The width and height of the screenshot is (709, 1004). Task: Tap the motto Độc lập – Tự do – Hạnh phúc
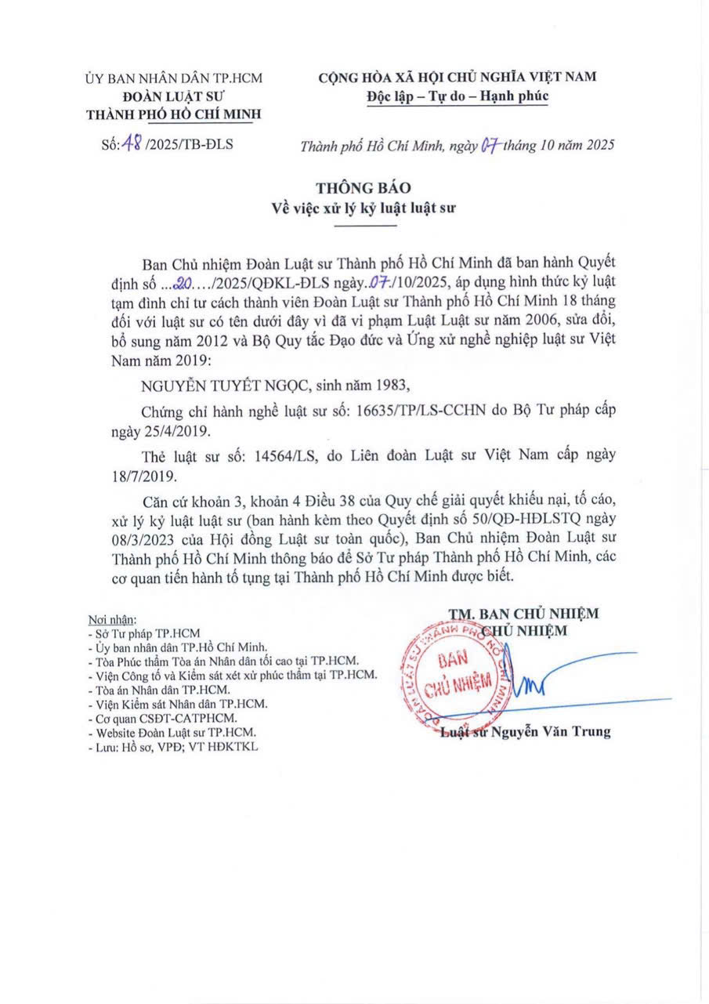(x=458, y=96)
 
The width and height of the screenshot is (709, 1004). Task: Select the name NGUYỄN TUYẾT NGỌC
(x=224, y=386)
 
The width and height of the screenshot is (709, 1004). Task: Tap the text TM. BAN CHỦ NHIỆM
(x=523, y=613)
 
